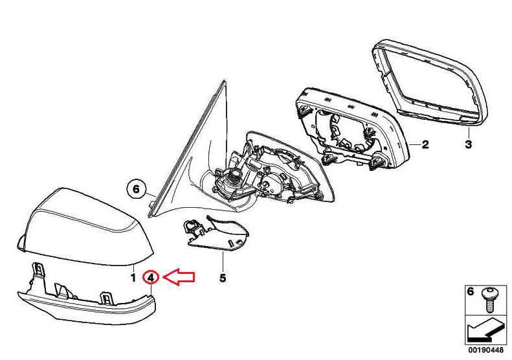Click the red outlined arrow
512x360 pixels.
179,277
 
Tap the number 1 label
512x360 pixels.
133,278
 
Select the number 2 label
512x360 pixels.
425,144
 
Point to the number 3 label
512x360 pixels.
468,144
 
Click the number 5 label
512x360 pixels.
223,278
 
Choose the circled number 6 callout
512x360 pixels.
136,189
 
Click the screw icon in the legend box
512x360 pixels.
489,299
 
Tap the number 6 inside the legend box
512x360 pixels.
470,291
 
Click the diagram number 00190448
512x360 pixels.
486,350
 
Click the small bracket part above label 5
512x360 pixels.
216,234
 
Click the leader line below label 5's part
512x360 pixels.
223,262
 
